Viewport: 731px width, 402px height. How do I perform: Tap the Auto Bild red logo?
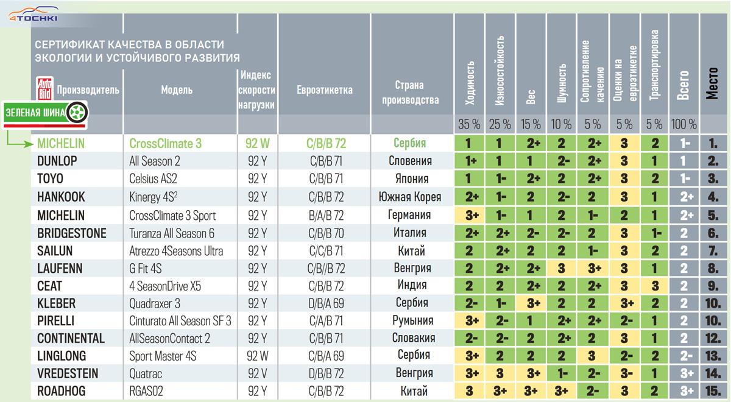[x=44, y=90]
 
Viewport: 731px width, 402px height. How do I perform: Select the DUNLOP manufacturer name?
[x=58, y=161]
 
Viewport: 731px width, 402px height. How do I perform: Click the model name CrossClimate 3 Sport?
[x=172, y=216]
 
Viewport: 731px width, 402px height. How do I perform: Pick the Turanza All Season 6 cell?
[x=172, y=233]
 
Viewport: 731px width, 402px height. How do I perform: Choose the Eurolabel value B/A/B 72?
[x=325, y=216]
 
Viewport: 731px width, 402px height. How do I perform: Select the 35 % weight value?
[x=469, y=124]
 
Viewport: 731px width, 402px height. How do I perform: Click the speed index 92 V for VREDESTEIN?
[x=257, y=373]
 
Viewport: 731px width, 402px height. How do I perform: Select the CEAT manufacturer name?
[x=49, y=286]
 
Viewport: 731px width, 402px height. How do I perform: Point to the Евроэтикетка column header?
[x=325, y=90]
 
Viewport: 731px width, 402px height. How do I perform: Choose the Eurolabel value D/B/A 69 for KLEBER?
[x=325, y=303]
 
